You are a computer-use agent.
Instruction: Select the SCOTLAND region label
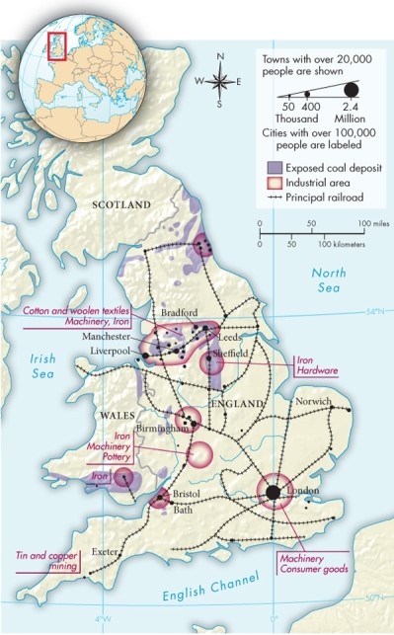[121, 204]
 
